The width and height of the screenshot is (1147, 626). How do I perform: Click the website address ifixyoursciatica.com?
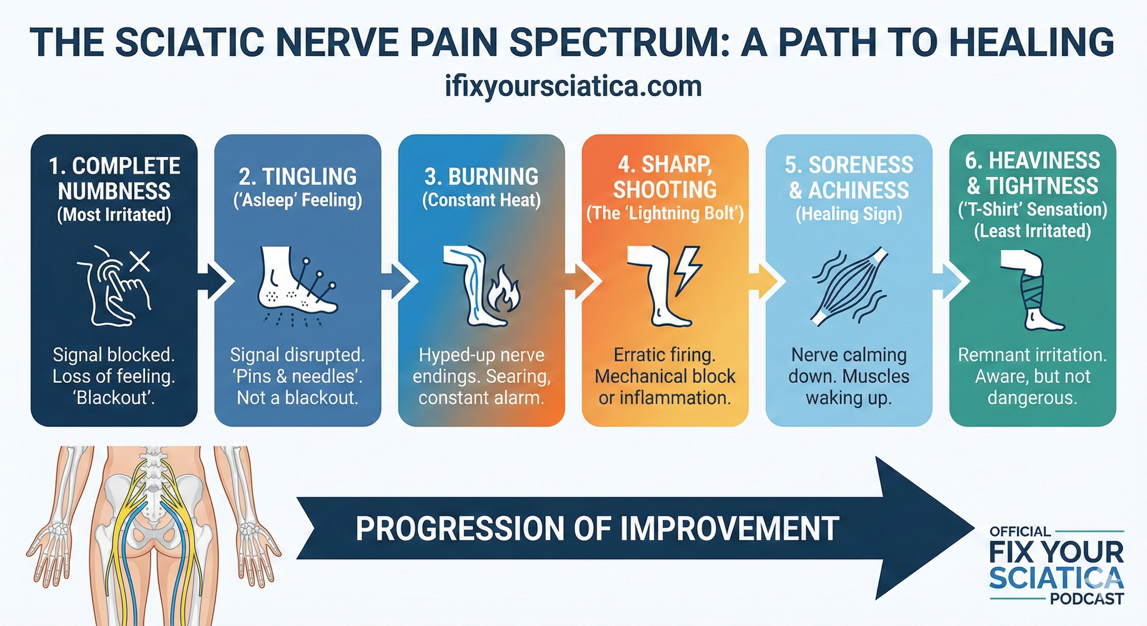point(573,86)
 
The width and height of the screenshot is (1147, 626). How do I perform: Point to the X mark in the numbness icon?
point(140,262)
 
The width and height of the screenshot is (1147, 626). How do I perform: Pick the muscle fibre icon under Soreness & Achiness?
point(848,287)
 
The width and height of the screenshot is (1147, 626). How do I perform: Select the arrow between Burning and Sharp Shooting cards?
point(582,281)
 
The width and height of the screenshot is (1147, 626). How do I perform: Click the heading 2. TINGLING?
point(297,177)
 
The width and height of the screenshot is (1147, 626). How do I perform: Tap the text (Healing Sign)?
point(849,214)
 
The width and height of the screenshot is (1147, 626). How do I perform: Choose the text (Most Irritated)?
point(114,215)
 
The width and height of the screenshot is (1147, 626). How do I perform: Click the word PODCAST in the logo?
point(1086,599)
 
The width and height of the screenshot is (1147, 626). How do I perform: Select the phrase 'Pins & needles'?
point(297,376)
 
